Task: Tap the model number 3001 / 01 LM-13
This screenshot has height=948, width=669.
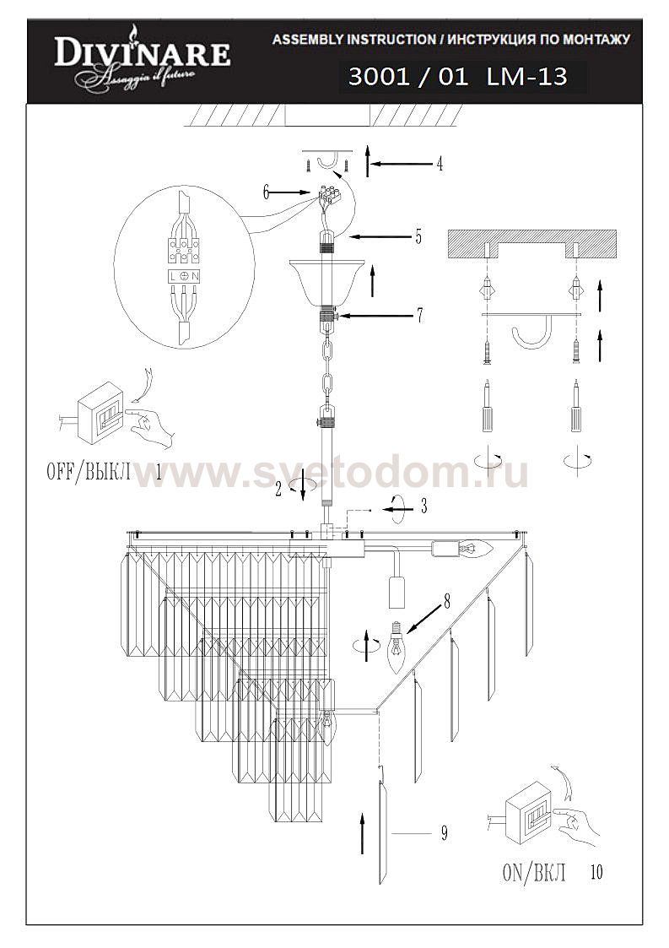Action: pyautogui.click(x=456, y=79)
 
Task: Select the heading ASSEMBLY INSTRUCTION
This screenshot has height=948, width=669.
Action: pyautogui.click(x=351, y=40)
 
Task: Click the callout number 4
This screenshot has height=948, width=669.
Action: pyautogui.click(x=440, y=165)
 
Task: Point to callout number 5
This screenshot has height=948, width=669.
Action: pyautogui.click(x=418, y=238)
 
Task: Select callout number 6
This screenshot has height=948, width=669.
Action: pyautogui.click(x=266, y=192)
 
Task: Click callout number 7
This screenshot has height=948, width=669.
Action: pyautogui.click(x=418, y=317)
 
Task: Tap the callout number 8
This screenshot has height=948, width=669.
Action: pyautogui.click(x=446, y=602)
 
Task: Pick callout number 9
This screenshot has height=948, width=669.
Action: pyautogui.click(x=443, y=834)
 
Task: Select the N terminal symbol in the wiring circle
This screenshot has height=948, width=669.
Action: pyautogui.click(x=194, y=276)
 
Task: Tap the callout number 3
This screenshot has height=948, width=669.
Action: pyautogui.click(x=424, y=507)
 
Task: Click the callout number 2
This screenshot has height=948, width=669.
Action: pyautogui.click(x=278, y=489)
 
